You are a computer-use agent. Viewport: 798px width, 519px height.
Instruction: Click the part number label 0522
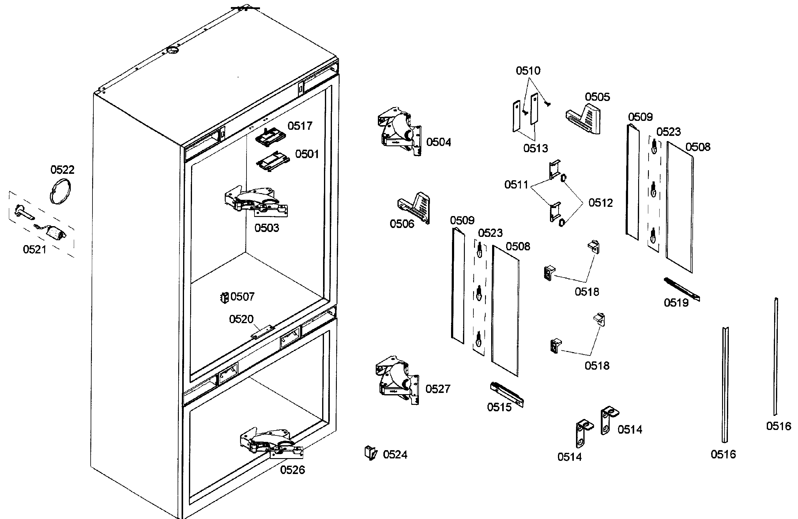(x=62, y=170)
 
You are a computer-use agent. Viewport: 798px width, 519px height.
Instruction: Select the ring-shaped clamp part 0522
(x=60, y=192)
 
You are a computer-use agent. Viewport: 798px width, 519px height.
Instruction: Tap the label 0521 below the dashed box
(x=35, y=250)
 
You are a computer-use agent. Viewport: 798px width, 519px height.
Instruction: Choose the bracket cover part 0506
(x=414, y=208)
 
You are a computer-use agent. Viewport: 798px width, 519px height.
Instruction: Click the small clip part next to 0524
(x=370, y=453)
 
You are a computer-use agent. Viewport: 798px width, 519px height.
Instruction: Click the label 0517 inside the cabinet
(x=300, y=126)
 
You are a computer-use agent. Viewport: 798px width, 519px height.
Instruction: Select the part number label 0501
(x=307, y=154)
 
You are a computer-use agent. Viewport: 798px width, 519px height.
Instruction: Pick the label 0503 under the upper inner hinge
(x=266, y=228)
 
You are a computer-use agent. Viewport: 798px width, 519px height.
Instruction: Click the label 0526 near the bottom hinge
(x=292, y=470)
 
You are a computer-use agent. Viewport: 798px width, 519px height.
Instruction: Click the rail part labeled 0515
(x=506, y=394)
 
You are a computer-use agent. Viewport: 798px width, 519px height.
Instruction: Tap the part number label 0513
(x=536, y=148)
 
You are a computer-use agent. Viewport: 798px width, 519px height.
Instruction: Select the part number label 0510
(x=528, y=71)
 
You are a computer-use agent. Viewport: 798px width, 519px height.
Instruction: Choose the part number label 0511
(x=516, y=185)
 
